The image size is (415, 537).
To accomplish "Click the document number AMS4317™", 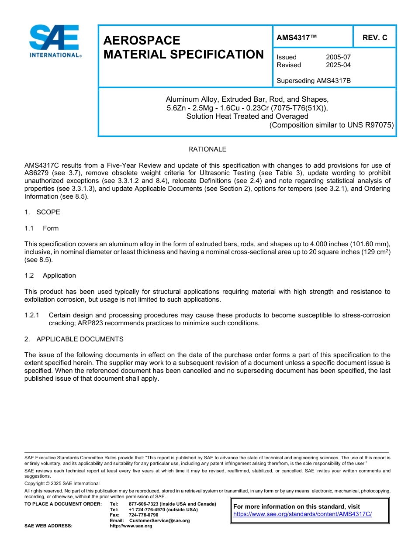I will point(297,38).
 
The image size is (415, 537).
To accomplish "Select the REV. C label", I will point(374,38).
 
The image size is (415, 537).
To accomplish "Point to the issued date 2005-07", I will point(338,57).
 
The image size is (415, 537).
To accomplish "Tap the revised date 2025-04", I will point(338,65).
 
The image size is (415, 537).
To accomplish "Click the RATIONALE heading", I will point(207,149).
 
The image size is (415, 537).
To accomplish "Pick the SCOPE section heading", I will point(48,212).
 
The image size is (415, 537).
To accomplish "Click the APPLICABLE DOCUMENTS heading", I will point(80,339).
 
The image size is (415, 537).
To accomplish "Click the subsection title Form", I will point(51,228).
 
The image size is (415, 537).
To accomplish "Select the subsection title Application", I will point(59,275).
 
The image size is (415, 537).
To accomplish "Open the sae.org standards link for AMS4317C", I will point(302,514).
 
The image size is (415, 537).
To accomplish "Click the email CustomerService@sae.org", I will point(159,520).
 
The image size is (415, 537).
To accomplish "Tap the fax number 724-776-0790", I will point(143,515).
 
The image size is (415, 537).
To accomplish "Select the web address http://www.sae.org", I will point(131,526).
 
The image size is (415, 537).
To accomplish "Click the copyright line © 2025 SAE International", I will point(62,483).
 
